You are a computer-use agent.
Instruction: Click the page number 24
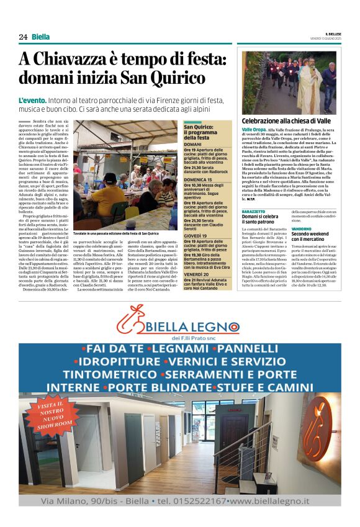(x=23, y=37)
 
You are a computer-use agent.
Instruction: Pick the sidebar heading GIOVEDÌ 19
(x=196, y=236)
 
